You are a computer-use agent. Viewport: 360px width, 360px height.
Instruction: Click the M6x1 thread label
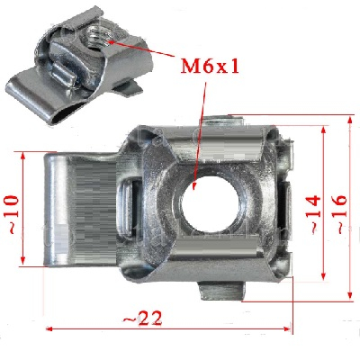[210, 67]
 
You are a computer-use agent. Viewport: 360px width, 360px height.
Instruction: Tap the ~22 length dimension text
[143, 318]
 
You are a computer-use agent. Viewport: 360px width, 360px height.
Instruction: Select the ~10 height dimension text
[13, 214]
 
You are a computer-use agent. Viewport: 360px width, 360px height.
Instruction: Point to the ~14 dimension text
[314, 214]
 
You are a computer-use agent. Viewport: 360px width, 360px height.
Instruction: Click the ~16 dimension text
[340, 214]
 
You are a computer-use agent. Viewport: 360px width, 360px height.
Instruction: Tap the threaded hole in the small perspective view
[96, 37]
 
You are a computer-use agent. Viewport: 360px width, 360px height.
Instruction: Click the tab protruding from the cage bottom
[221, 291]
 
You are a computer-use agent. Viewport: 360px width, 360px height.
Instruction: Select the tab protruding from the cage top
[223, 121]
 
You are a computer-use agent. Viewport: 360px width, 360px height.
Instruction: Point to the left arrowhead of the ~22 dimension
[49, 328]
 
